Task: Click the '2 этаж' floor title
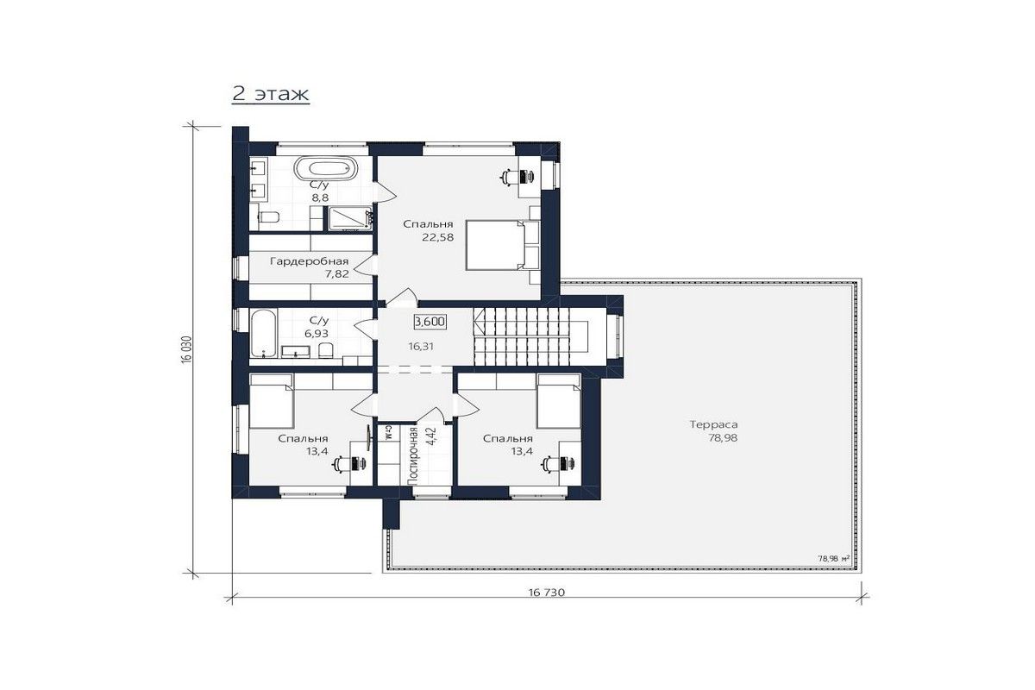point(270,94)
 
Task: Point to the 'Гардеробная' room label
point(309,261)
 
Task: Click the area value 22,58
point(437,237)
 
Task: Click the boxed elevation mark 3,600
point(430,321)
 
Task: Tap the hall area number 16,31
point(421,346)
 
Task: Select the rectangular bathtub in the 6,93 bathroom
point(264,333)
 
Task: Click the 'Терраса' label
point(714,424)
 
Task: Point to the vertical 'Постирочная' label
point(412,455)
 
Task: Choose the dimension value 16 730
point(547,593)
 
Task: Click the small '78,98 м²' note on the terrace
point(834,558)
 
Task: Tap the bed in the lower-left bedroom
point(272,401)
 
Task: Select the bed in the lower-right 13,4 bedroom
point(559,401)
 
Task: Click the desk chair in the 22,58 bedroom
point(510,177)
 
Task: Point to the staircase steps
point(530,337)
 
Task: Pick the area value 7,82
point(337,274)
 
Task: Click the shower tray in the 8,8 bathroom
point(350,218)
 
